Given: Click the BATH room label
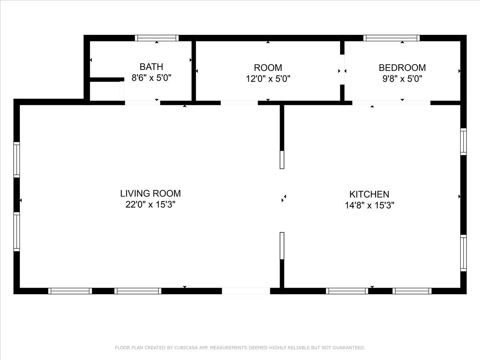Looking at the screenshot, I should click(x=151, y=67).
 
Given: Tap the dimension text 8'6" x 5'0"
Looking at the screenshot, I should click(x=151, y=78).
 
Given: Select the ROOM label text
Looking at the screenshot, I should click(x=268, y=68).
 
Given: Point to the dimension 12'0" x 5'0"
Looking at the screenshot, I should click(x=268, y=78).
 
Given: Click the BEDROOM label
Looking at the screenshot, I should click(x=402, y=68).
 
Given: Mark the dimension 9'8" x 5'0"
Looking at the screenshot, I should click(x=402, y=78).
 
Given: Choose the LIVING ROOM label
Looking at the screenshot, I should click(x=150, y=194).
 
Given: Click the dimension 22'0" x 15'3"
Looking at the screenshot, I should click(x=150, y=205).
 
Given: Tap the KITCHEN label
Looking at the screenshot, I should click(x=369, y=194).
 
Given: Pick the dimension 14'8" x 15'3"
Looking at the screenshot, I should click(x=369, y=206).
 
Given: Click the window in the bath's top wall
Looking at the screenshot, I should click(x=156, y=38).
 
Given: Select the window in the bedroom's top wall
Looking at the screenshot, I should click(x=392, y=38).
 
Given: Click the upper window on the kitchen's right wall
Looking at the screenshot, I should click(x=463, y=142).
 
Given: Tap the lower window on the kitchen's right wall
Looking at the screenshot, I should click(x=463, y=253).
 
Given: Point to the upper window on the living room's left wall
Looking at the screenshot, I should click(x=17, y=160).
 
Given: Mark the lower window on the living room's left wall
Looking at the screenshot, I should click(x=17, y=232).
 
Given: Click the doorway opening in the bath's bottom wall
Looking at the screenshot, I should click(x=142, y=103).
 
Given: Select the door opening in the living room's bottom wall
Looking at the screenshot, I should click(x=246, y=291).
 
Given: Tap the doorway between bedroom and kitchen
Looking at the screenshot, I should click(x=391, y=103).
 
